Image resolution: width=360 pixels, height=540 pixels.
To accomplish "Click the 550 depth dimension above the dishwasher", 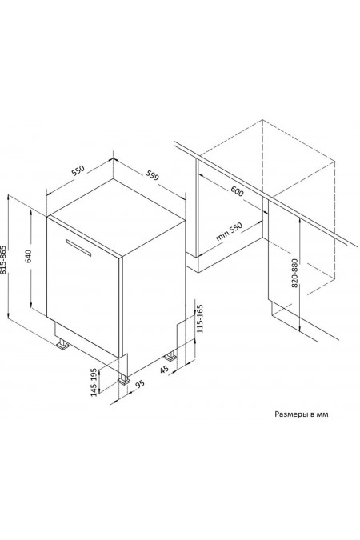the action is (78, 171).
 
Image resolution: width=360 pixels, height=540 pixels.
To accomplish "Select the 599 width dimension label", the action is (152, 175).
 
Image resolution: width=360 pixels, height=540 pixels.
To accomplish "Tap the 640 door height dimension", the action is (28, 256).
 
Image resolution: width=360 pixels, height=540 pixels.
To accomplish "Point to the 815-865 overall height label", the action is (3, 260).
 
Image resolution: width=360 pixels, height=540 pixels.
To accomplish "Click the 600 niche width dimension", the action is (237, 191).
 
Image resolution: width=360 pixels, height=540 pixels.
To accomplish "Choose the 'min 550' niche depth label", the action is (229, 231).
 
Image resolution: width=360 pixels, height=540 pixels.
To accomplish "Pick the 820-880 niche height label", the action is (294, 273).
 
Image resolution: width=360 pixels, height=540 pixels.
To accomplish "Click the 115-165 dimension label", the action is (200, 318).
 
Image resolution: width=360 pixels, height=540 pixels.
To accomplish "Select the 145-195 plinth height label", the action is (94, 382).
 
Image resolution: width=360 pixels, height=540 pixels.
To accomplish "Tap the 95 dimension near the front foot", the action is (139, 384).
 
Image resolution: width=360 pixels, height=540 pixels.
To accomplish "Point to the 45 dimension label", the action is (164, 369).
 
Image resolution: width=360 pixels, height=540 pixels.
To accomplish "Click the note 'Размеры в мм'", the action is (301, 414).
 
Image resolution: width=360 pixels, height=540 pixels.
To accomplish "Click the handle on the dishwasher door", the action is (79, 248).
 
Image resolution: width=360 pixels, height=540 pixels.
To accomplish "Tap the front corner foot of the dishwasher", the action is (124, 379).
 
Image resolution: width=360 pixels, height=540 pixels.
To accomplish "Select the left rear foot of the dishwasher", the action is (62, 344).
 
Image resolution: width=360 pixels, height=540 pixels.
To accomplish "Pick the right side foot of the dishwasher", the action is (170, 356).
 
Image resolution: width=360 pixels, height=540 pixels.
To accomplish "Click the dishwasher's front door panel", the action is (82, 287).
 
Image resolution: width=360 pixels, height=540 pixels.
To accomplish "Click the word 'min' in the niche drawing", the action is (222, 235).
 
